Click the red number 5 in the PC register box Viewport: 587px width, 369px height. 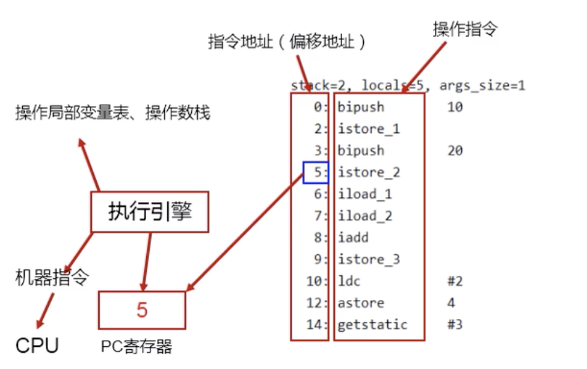coord(142,310)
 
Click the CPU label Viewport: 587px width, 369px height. coord(37,346)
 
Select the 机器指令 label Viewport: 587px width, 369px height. coord(52,277)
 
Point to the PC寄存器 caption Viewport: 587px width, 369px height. coord(137,347)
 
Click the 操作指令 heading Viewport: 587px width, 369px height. coord(466,29)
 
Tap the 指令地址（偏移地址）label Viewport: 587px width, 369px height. coord(287,41)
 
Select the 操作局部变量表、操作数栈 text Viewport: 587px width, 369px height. coord(112,112)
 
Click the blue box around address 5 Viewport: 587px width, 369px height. coord(316,162)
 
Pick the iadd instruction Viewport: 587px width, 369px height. coord(353,237)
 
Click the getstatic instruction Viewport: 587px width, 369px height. coord(372,325)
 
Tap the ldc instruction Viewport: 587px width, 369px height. coord(349,281)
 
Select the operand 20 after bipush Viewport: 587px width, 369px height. coord(455,150)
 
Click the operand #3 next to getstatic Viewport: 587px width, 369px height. coord(455,324)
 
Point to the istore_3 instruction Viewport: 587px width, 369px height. coord(369,259)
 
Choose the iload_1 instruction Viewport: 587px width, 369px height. coord(365,194)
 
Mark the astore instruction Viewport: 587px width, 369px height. coord(361,303)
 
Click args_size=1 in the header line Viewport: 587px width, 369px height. coord(482,86)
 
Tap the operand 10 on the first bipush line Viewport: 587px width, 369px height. coord(455,107)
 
